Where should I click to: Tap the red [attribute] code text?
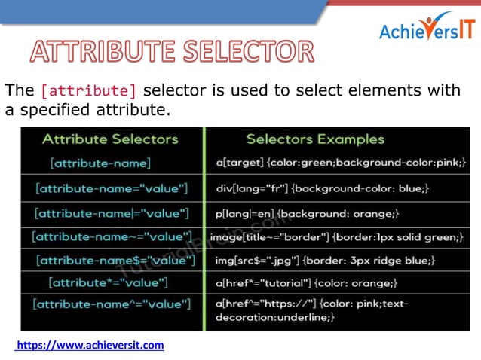88,91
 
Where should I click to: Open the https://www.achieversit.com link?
90,345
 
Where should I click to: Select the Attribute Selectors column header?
110,139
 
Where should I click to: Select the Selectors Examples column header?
315,139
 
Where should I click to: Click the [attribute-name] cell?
100,163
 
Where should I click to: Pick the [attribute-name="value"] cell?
112,188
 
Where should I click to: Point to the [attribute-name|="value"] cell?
112,213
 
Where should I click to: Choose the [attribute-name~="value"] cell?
112,237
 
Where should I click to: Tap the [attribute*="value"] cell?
108,283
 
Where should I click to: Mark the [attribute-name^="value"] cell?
112,305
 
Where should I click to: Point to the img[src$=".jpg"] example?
324,261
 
